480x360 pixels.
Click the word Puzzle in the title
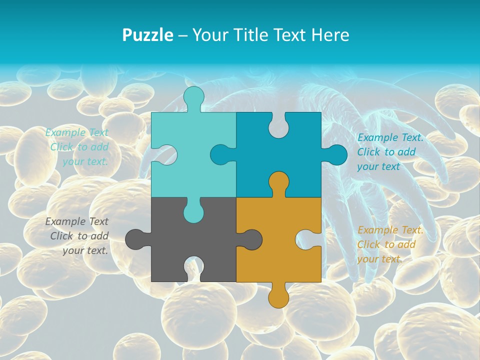(x=148, y=35)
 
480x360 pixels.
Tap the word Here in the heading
(x=330, y=35)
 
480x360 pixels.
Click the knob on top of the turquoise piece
(x=194, y=97)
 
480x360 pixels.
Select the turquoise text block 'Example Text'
(x=77, y=147)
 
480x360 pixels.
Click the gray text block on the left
(x=77, y=236)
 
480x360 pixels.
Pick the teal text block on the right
(x=390, y=152)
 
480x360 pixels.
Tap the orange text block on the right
(x=390, y=244)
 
